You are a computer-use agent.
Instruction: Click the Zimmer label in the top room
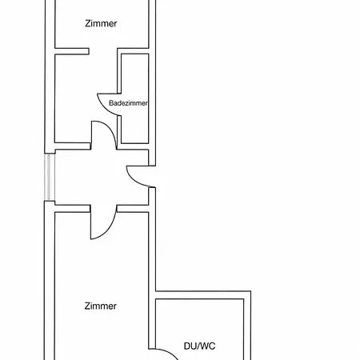tap(101, 23)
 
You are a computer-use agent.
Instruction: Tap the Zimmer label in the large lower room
tap(101, 306)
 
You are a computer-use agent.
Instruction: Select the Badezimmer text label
tap(128, 103)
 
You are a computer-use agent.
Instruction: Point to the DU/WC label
tap(199, 346)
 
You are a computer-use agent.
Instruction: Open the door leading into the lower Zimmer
tap(106, 230)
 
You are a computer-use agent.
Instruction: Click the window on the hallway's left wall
tap(50, 177)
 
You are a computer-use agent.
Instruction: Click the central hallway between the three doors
tap(102, 177)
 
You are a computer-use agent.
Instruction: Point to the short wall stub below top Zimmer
tap(72, 51)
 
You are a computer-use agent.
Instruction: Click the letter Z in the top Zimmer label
tap(88, 23)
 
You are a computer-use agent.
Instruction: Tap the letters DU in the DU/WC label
tap(190, 346)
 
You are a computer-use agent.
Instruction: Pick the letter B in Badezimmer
tap(111, 103)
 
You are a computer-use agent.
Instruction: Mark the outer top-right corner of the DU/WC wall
tap(251, 291)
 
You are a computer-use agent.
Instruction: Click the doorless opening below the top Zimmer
tap(103, 51)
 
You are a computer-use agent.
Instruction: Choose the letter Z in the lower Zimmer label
tap(87, 306)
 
